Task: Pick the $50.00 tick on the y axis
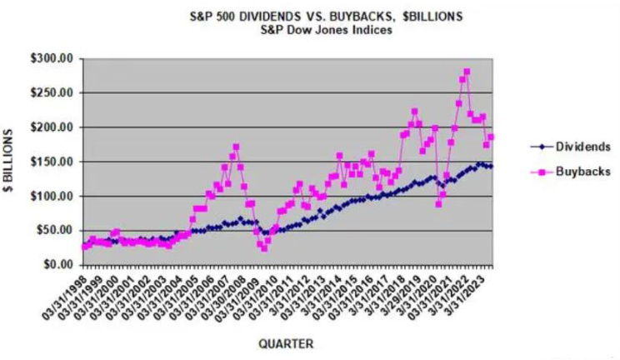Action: (57, 231)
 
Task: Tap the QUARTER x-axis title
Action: (286, 342)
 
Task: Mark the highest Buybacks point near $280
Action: (467, 72)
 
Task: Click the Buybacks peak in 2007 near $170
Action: (236, 147)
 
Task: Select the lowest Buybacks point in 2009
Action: (264, 248)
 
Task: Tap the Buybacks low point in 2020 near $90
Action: (438, 203)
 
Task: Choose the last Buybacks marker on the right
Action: (491, 137)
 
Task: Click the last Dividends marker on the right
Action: (491, 167)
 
